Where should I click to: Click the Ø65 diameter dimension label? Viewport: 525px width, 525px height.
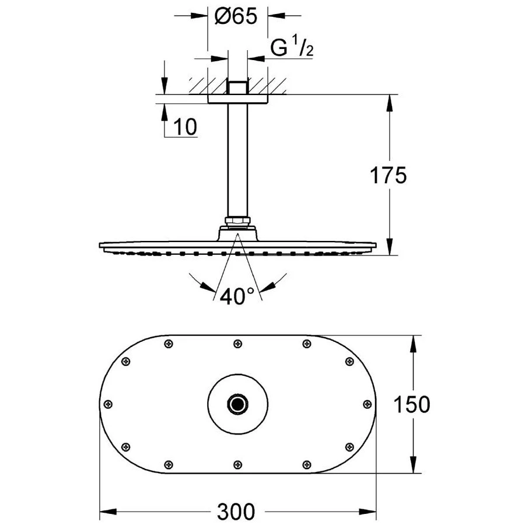pos(236,17)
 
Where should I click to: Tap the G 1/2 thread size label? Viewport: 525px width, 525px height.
pos(292,49)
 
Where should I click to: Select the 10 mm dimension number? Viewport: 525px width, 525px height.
pos(185,126)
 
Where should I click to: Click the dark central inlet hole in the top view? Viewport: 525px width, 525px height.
pos(237,403)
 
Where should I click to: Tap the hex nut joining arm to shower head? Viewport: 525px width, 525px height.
pos(237,222)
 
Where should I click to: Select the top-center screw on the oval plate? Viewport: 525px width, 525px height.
pos(237,344)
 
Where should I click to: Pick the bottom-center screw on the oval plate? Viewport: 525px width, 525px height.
pos(237,464)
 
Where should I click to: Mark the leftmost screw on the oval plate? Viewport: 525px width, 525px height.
pos(108,404)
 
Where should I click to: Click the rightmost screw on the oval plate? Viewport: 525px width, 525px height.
pos(367,404)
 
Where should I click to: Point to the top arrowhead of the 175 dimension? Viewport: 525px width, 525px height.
pos(390,100)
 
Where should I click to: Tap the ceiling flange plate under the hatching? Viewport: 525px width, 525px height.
pos(237,99)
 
